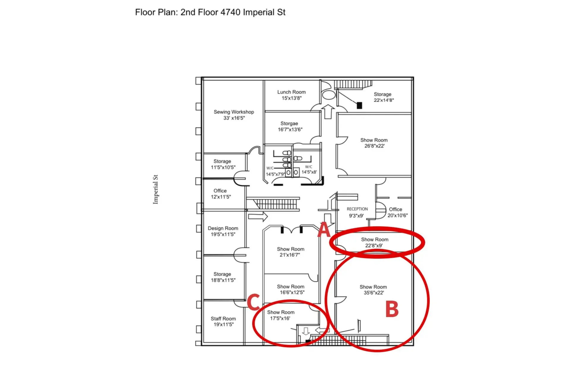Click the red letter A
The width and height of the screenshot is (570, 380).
324,230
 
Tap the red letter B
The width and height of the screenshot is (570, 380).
392,309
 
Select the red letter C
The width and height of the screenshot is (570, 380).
254,302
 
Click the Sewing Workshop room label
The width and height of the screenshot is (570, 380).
234,112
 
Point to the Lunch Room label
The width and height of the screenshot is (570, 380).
291,92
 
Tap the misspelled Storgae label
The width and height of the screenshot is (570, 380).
289,123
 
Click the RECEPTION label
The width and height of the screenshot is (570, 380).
357,209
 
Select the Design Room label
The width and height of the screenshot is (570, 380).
223,228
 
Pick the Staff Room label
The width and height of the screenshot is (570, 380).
223,318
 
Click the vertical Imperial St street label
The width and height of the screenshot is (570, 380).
155,189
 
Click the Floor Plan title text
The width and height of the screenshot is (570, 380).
210,12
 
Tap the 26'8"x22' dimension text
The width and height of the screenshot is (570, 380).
374,146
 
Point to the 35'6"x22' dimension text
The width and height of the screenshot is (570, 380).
374,293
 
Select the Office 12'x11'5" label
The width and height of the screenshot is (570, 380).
220,194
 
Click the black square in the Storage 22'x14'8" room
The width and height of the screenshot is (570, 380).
359,105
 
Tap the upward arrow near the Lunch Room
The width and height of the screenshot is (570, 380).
328,111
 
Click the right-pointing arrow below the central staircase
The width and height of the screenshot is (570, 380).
258,216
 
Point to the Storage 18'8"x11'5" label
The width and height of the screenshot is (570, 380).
223,277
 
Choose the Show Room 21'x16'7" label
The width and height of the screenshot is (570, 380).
290,252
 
